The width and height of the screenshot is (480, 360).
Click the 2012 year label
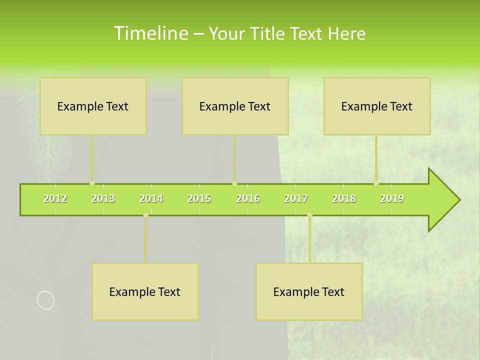pos(55,199)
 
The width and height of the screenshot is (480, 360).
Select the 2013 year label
pos(103,199)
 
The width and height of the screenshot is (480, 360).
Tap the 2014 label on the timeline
pos(151,199)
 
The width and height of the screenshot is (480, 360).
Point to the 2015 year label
pos(199,199)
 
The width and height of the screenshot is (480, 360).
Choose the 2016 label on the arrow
pos(248,199)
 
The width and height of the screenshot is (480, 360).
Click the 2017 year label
pos(296,199)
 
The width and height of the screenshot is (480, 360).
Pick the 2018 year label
pos(344,199)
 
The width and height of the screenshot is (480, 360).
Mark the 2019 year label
pos(392,199)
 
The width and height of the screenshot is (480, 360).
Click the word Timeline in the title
pos(150,33)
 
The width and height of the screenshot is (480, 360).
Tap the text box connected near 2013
pos(93,106)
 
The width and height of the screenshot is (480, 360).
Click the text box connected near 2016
pos(235,106)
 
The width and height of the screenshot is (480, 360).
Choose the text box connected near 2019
pos(377,106)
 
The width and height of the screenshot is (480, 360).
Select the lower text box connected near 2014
pos(145,291)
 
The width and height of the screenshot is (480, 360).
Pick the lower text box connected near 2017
pos(309,291)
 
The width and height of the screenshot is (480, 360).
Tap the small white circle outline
pos(45,300)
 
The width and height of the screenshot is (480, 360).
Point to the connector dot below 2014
pos(145,215)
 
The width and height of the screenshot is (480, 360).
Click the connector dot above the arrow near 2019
pos(376,183)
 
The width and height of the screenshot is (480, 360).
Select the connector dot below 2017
pos(309,215)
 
